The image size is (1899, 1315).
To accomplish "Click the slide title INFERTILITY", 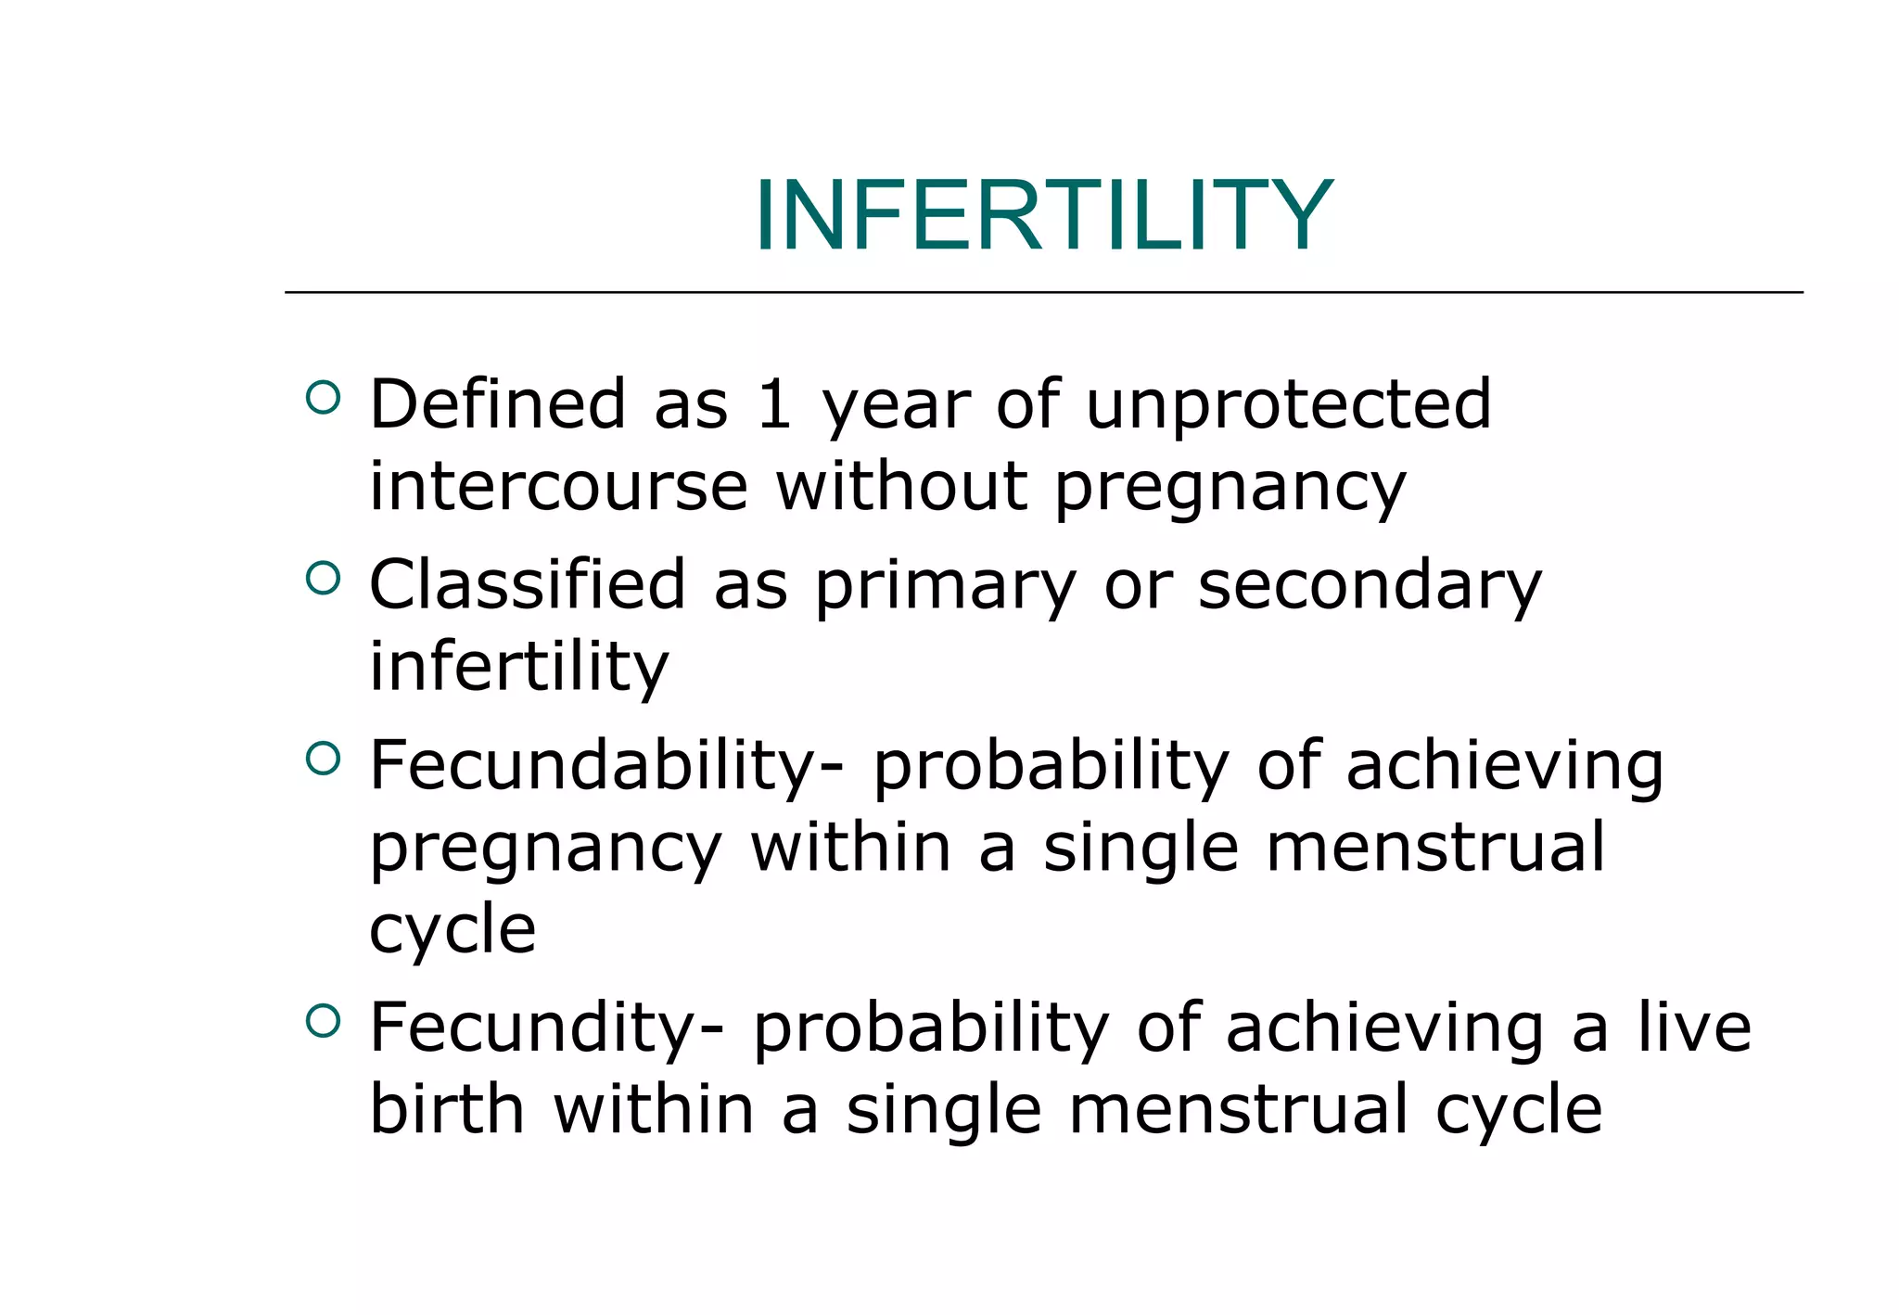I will click(1043, 215).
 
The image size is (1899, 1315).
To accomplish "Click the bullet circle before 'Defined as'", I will click(322, 398).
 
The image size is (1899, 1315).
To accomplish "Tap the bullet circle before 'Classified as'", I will click(322, 579).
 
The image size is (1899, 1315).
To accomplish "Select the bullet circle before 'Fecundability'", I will click(322, 760).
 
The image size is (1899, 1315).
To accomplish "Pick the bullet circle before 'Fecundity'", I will click(322, 1022).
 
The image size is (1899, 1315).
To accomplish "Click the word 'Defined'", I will click(498, 404).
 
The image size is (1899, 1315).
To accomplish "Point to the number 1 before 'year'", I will click(773, 404).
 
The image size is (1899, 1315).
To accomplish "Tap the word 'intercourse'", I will click(558, 486).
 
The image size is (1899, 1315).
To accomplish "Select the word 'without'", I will click(901, 486).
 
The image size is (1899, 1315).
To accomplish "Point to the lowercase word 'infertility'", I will click(518, 667).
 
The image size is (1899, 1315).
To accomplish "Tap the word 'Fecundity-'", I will click(546, 1029).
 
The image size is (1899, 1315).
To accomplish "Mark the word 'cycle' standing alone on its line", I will click(452, 931).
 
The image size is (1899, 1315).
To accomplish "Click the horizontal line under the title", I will click(1043, 292).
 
